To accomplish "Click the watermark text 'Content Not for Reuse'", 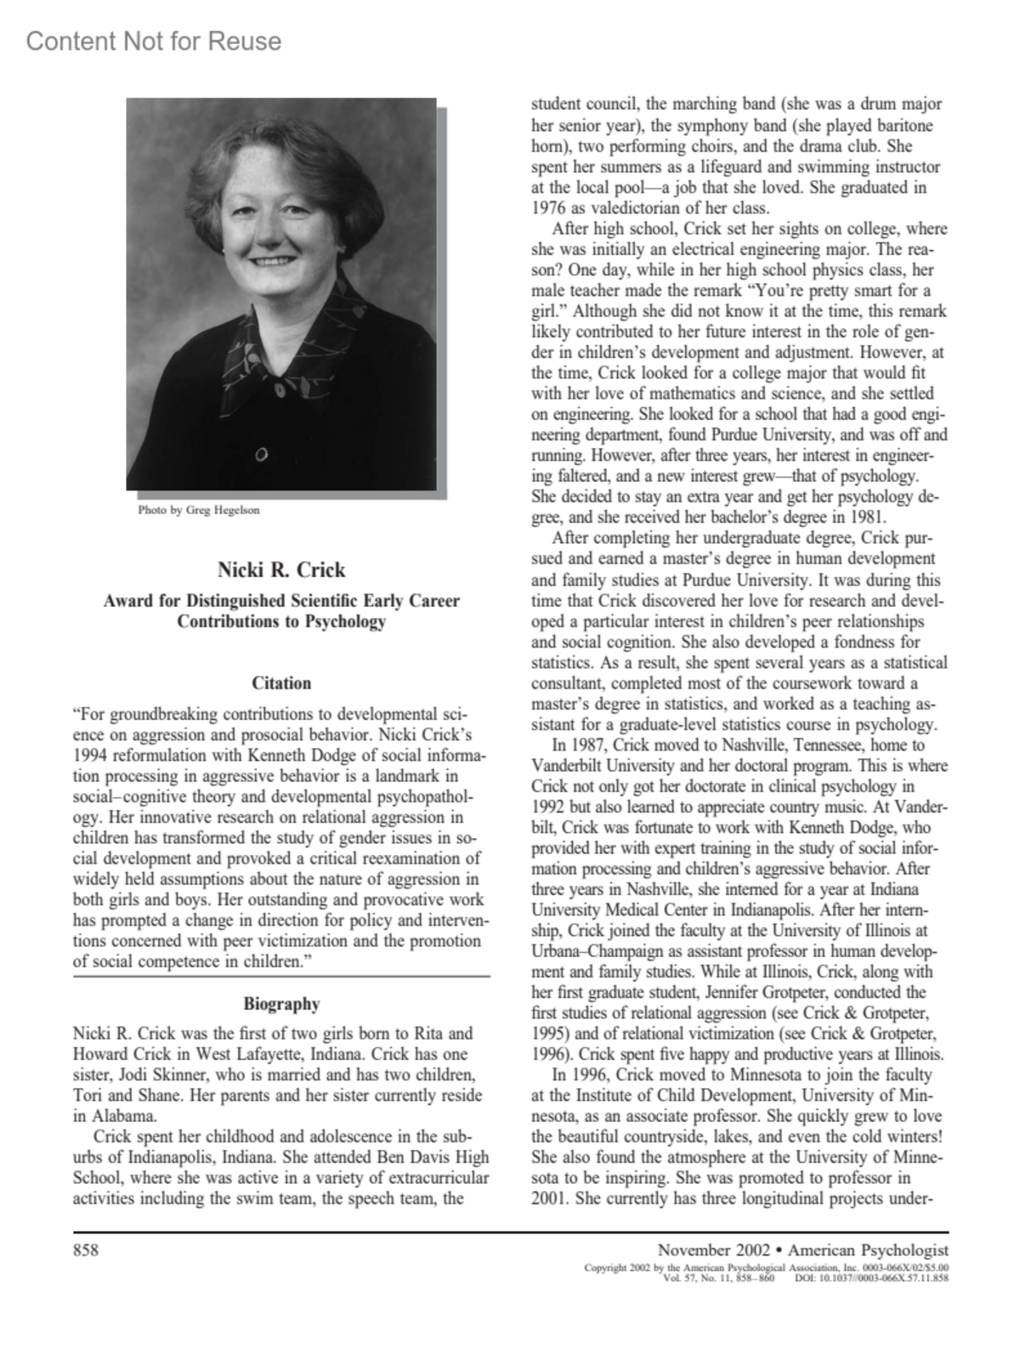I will point(154,41).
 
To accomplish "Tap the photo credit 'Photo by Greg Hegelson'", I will point(199,510).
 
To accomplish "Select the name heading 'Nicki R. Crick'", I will point(281,569).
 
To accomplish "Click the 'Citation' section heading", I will point(281,683).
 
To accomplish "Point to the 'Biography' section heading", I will point(281,1004).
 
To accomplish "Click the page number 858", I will point(86,1249).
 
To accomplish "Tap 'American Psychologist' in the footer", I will point(868,1249).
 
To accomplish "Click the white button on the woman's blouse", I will point(260,455).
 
